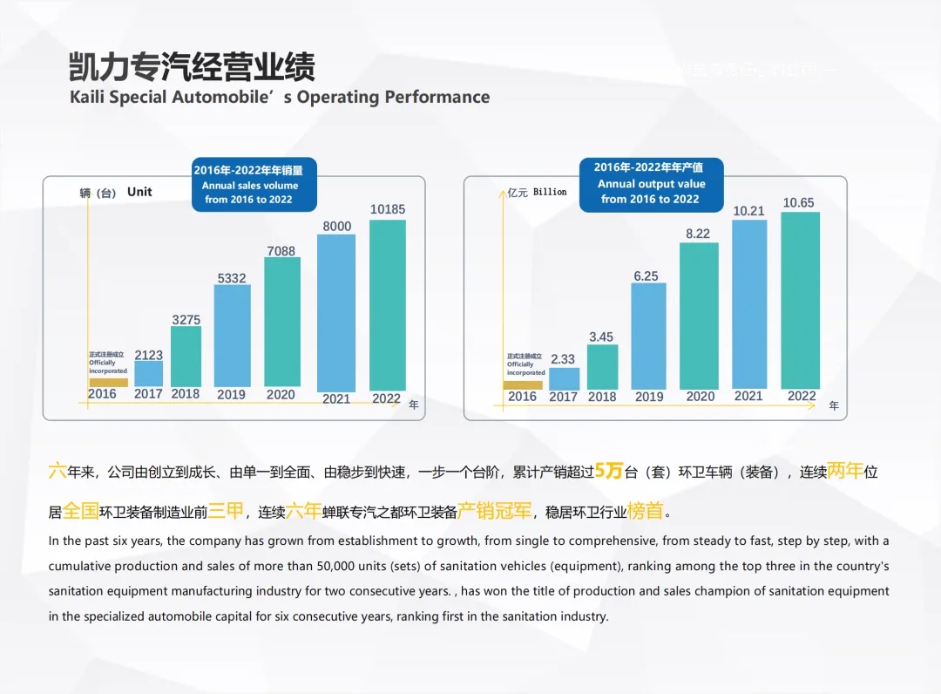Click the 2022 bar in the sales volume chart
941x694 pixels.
click(388, 304)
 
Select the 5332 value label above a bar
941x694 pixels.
click(232, 278)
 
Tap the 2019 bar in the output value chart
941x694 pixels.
click(649, 336)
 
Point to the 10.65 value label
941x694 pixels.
click(798, 203)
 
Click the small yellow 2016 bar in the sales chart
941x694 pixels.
click(108, 382)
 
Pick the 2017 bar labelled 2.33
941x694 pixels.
click(564, 378)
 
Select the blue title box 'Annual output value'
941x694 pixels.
click(651, 183)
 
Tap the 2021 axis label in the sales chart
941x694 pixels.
click(336, 398)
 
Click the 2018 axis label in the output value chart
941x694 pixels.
click(602, 397)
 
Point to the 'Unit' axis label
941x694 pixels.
click(139, 192)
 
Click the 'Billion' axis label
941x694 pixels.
click(550, 192)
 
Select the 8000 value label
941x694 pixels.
click(337, 227)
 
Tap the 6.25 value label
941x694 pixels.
click(646, 276)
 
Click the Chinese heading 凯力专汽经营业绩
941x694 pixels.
click(192, 67)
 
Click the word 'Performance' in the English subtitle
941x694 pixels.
click(437, 97)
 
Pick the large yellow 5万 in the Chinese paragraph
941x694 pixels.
click(609, 472)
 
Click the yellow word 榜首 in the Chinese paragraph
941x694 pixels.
click(645, 511)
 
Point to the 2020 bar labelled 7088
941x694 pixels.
click(282, 323)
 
